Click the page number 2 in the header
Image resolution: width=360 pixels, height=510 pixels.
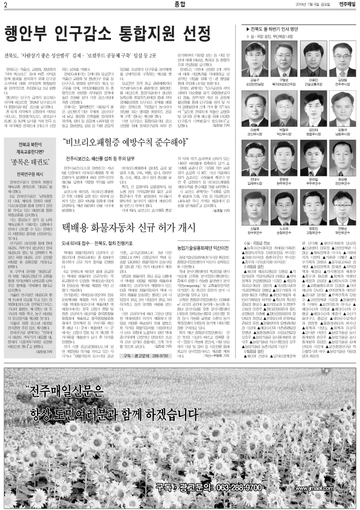(5, 5)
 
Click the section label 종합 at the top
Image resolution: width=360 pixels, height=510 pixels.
(180, 5)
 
